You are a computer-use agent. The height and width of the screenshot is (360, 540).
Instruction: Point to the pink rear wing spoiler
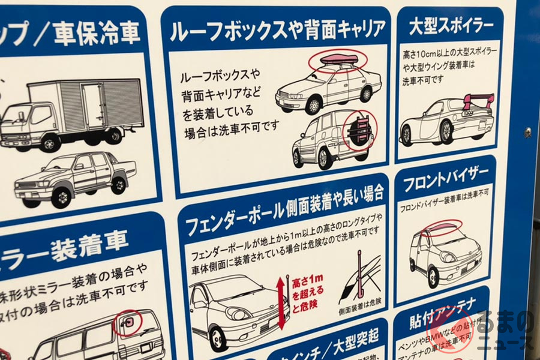(478, 100)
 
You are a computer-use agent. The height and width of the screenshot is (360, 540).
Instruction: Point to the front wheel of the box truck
(49, 143)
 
